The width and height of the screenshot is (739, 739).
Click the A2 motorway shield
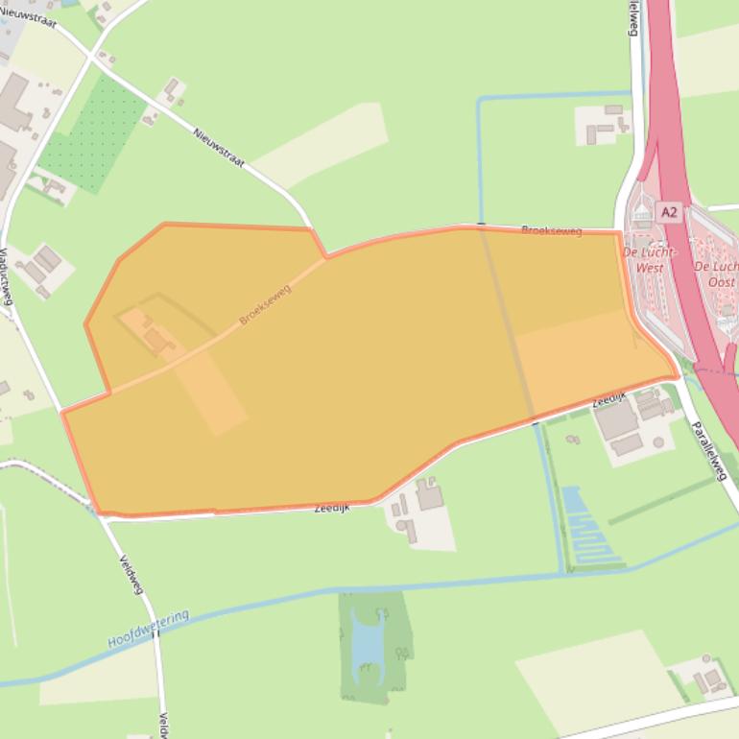pos(669,212)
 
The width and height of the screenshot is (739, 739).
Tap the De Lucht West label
pos(650,259)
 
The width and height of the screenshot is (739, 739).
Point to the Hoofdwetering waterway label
pos(149,629)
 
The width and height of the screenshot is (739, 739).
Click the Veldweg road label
pos(131,574)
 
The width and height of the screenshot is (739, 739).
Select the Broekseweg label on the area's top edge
pos(552,231)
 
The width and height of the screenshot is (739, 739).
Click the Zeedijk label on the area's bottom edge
pos(332,508)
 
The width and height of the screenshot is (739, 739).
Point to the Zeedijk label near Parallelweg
pos(609,397)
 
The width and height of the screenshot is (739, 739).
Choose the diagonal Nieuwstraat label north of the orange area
pos(219,148)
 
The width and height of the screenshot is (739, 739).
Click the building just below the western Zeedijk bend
pos(429,497)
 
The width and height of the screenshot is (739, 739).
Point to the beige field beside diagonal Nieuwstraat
pos(322,144)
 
